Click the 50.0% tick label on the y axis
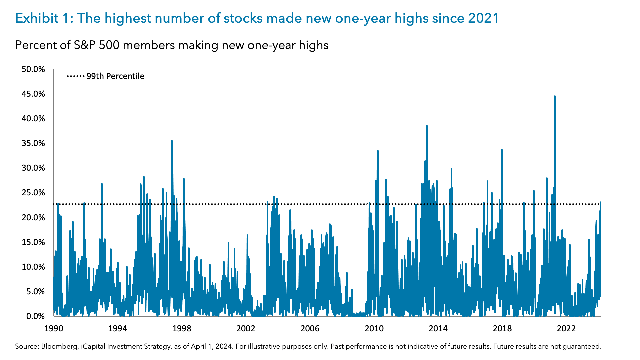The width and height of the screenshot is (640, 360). tap(33, 69)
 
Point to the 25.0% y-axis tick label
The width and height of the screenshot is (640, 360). tap(33, 193)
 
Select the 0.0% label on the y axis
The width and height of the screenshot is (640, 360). tap(35, 316)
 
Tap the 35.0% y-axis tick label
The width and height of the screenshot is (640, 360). tap(33, 143)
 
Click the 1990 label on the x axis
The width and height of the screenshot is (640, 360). tap(54, 329)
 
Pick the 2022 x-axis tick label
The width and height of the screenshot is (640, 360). tap(566, 329)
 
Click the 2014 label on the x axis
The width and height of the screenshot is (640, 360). tap(438, 329)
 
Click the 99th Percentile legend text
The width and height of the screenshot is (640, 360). tap(115, 76)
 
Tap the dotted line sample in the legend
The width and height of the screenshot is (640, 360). tap(76, 76)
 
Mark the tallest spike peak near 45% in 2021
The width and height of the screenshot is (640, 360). tap(555, 96)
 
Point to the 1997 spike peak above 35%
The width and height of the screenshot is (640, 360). tap(172, 141)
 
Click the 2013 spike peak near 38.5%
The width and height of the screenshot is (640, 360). tap(427, 126)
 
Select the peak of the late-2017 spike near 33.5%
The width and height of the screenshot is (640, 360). tap(502, 150)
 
